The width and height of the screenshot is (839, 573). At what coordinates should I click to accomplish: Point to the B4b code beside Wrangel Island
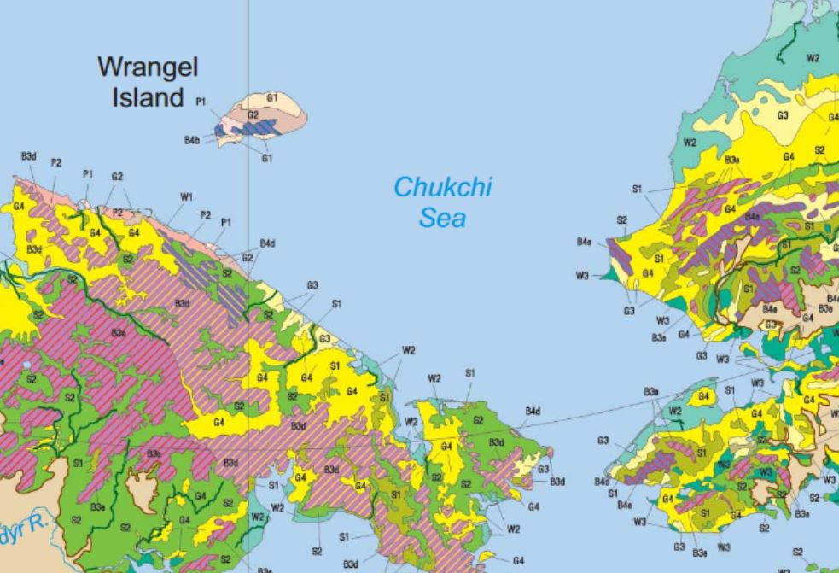[192, 139]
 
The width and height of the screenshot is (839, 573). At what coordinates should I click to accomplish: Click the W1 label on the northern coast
[186, 197]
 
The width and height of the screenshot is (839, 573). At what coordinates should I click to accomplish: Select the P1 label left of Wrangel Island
[201, 101]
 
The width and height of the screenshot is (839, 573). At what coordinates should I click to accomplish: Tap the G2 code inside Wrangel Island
[253, 114]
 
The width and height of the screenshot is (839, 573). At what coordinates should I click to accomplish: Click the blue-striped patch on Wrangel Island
[256, 126]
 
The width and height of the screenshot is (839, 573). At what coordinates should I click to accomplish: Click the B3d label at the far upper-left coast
[28, 156]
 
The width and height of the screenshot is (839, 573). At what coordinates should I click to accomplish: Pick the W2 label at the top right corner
[813, 58]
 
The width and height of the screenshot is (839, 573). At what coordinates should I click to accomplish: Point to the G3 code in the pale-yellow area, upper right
[783, 114]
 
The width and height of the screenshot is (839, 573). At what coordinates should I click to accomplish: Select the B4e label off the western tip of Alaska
[585, 242]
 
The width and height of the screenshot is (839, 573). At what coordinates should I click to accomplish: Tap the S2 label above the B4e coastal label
[622, 220]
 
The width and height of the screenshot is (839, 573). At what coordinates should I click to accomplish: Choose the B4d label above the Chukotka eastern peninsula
[533, 412]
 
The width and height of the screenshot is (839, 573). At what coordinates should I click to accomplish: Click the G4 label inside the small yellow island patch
[704, 395]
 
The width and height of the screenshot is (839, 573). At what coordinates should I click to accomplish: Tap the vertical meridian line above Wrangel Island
[248, 43]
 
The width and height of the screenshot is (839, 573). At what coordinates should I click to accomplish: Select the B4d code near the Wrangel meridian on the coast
[267, 243]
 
